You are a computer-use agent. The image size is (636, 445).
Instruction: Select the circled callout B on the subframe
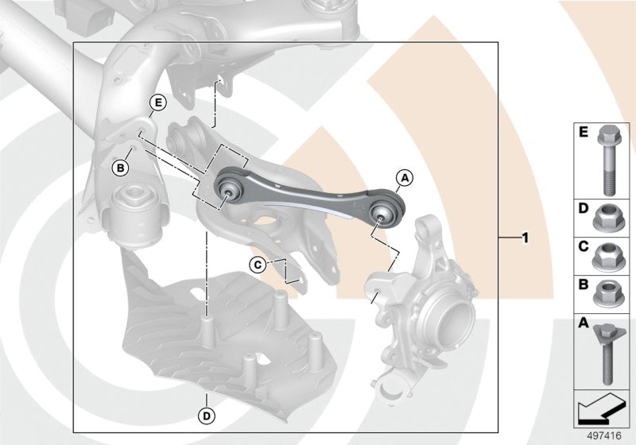(x=121, y=168)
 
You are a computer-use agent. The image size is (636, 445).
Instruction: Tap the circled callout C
(x=258, y=264)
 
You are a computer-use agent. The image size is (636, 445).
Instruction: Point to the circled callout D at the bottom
(x=206, y=414)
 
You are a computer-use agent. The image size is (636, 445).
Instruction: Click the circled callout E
(x=157, y=103)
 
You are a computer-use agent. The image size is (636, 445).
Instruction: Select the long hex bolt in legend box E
(x=607, y=160)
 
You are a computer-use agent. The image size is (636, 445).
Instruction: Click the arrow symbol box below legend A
(x=604, y=408)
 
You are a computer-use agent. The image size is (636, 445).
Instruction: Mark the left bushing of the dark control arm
(x=230, y=187)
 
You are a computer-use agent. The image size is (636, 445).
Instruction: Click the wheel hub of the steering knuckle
(x=450, y=323)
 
